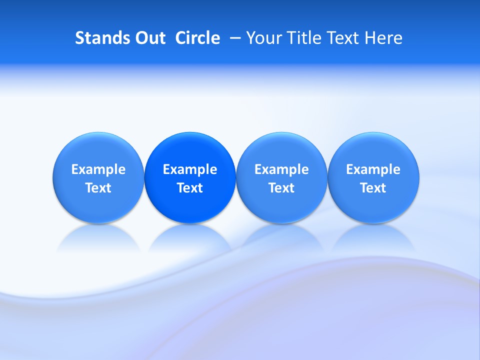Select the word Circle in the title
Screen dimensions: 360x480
click(x=197, y=38)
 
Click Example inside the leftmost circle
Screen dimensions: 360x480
click(x=98, y=169)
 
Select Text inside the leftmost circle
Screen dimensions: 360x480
click(x=98, y=188)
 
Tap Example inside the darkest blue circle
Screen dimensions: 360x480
click(x=190, y=169)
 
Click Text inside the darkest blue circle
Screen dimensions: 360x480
click(x=190, y=188)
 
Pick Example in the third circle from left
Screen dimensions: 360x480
click(x=281, y=169)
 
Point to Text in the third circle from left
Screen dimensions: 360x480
click(x=281, y=188)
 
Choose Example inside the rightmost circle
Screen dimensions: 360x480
click(x=373, y=169)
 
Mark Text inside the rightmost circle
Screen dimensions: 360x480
click(x=373, y=188)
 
